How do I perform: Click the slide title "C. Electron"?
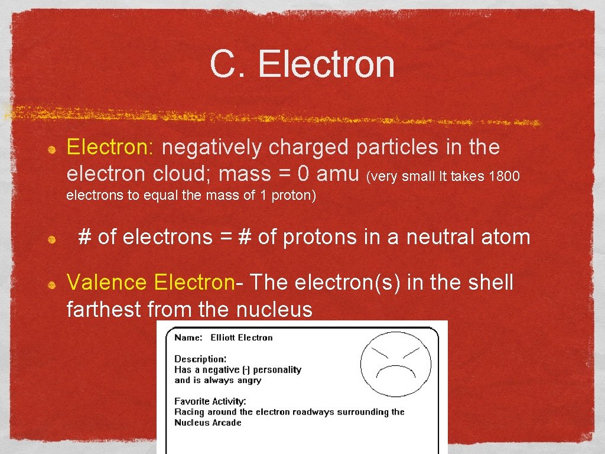[302, 64]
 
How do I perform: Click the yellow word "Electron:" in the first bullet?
[110, 147]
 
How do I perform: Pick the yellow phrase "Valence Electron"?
[151, 283]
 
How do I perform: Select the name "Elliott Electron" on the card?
[242, 338]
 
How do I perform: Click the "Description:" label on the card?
[200, 359]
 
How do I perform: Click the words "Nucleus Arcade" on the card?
[208, 423]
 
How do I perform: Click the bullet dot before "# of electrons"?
[52, 239]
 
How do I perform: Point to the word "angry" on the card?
[249, 380]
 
